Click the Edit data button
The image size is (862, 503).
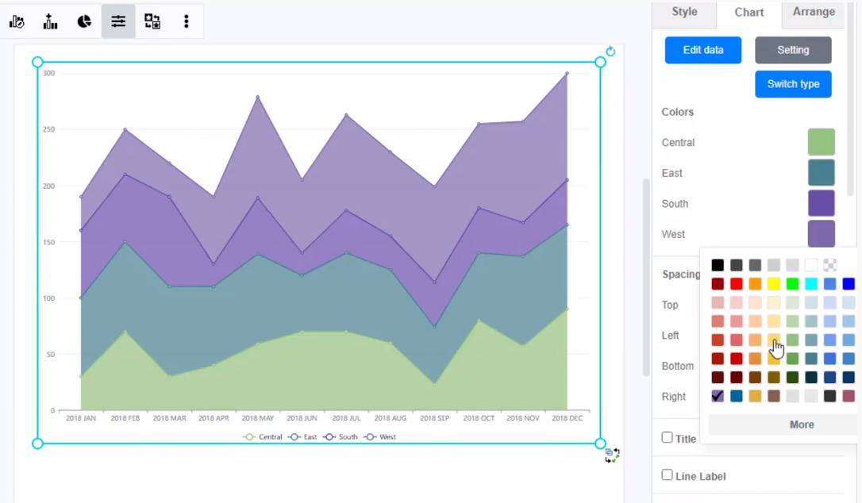pyautogui.click(x=702, y=50)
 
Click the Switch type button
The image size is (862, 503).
pyautogui.click(x=792, y=84)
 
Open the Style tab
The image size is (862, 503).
pyautogui.click(x=684, y=12)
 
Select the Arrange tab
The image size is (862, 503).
pyautogui.click(x=813, y=12)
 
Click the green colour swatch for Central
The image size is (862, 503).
pyautogui.click(x=821, y=142)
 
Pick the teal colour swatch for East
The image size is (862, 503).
pyautogui.click(x=821, y=173)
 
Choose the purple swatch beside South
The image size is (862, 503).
pyautogui.click(x=821, y=203)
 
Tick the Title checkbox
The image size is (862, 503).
pyautogui.click(x=668, y=438)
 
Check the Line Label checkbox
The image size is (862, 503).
pyautogui.click(x=668, y=475)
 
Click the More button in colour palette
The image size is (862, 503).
pyautogui.click(x=801, y=424)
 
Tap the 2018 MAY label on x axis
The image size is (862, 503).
pyautogui.click(x=258, y=418)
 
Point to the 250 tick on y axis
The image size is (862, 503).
pyautogui.click(x=49, y=129)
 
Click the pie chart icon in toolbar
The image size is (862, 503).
pyautogui.click(x=84, y=21)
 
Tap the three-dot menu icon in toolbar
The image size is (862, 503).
pyautogui.click(x=187, y=21)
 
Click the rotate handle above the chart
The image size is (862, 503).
pyautogui.click(x=610, y=52)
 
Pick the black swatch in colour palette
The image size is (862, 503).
pyautogui.click(x=718, y=265)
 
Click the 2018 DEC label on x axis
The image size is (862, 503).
pyautogui.click(x=568, y=418)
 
